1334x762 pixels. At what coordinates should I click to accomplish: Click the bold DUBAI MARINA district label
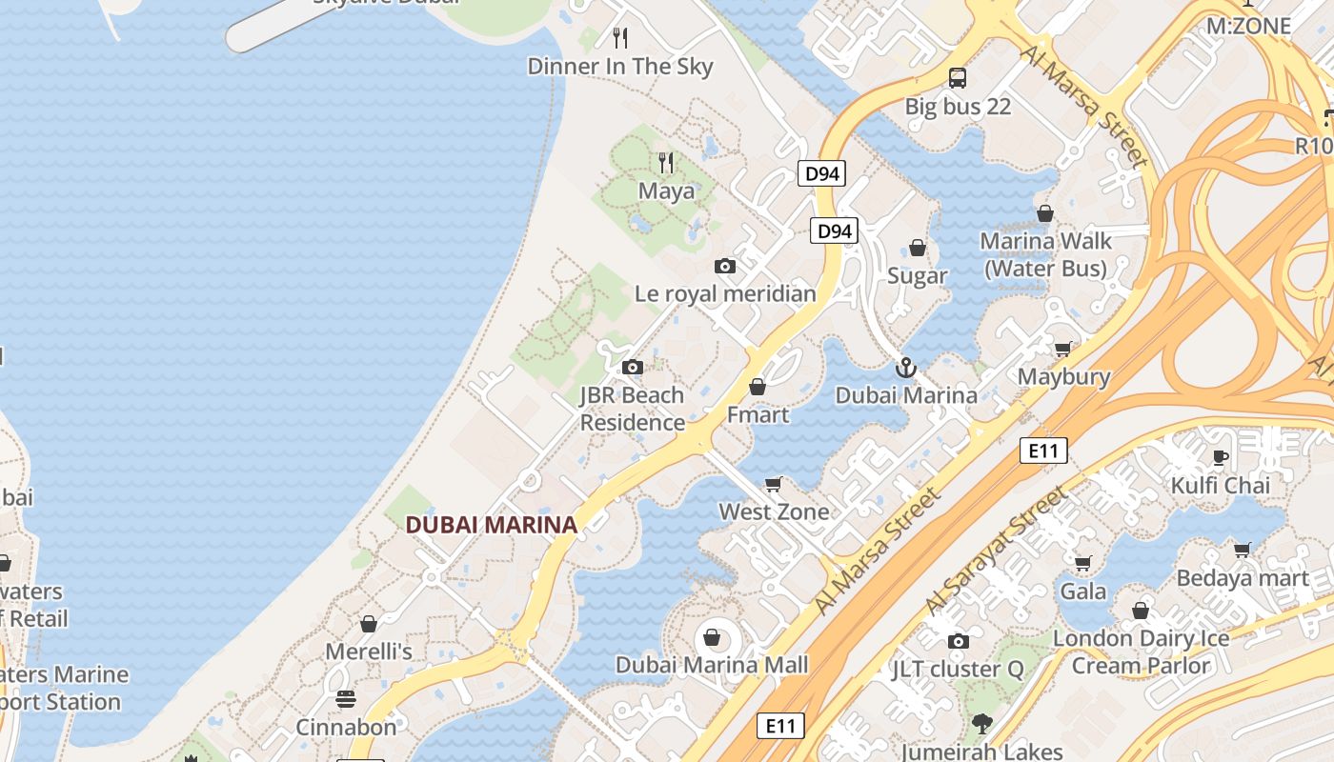491,525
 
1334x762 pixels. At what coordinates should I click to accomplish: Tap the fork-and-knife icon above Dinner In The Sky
620,38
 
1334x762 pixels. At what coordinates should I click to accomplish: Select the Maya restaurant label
666,190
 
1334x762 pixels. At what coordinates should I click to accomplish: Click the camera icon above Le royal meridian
725,267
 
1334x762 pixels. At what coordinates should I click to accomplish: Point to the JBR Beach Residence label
633,409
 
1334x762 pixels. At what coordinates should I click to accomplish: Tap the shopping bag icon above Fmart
758,387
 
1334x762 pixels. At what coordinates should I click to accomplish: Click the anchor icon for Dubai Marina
905,367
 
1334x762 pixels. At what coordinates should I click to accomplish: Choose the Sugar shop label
917,276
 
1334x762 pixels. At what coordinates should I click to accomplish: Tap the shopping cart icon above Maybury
1062,349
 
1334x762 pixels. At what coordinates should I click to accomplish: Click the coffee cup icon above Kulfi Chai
1220,457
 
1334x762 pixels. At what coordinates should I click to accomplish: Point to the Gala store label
1083,592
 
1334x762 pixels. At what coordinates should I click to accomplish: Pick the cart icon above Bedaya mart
1242,550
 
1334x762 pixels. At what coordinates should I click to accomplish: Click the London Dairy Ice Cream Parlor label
1141,652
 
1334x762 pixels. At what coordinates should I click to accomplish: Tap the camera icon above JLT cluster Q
959,641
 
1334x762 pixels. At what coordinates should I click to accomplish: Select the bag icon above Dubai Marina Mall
711,636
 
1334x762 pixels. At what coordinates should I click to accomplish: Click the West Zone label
774,511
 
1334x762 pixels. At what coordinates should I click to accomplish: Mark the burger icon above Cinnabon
345,699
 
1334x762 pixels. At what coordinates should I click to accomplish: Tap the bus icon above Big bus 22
958,78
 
